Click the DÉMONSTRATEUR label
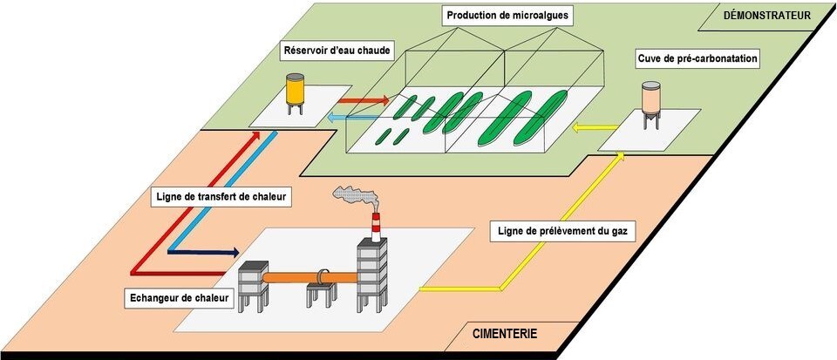pyautogui.click(x=767, y=15)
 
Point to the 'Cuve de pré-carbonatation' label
pyautogui.click(x=695, y=59)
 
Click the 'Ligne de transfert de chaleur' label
pyautogui.click(x=219, y=196)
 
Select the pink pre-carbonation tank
pyautogui.click(x=650, y=103)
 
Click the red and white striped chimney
pyautogui.click(x=376, y=228)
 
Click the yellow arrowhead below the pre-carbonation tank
pyautogui.click(x=621, y=156)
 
